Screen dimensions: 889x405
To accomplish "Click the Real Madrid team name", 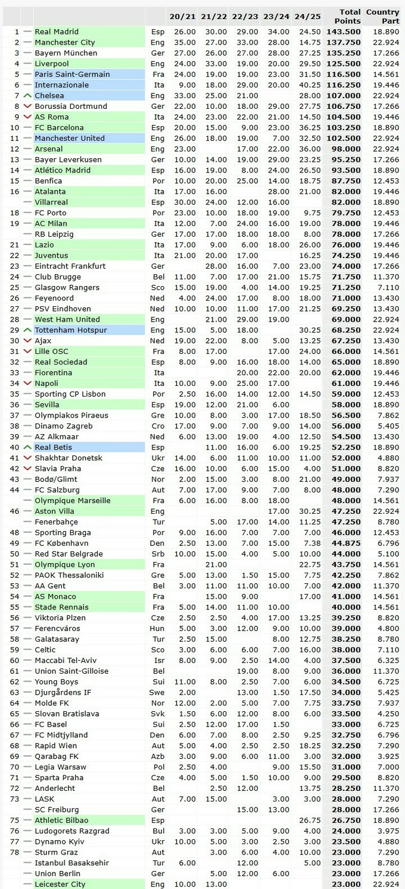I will [x=57, y=32].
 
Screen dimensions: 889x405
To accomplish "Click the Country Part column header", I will [x=382, y=16].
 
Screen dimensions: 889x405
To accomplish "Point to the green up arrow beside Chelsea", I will [x=27, y=96].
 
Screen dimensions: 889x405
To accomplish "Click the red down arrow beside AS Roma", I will [x=27, y=117].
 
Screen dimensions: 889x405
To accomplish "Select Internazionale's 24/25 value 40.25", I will [x=309, y=85].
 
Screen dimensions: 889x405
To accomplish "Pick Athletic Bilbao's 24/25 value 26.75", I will [x=309, y=820].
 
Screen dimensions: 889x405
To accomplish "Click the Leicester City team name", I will [x=60, y=884].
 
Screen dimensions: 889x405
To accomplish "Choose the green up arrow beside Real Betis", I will [x=27, y=447].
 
